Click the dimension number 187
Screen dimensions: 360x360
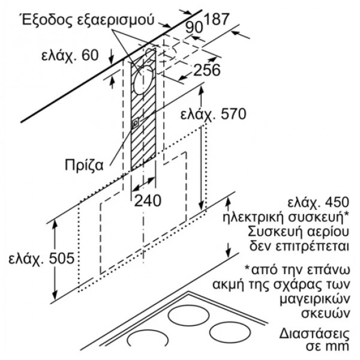(216, 19)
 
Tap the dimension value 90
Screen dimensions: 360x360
(194, 27)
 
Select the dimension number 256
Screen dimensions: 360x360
(207, 70)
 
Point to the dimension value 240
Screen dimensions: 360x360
(148, 201)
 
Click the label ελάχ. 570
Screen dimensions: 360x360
(213, 114)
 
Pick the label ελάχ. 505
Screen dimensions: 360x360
(41, 258)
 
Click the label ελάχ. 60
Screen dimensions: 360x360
(70, 55)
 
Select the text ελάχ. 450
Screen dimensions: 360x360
(318, 203)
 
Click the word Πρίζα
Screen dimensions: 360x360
(84, 165)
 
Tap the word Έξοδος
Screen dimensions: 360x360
(47, 20)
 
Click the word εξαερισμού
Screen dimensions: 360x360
(115, 21)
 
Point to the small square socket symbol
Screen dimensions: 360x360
(136, 123)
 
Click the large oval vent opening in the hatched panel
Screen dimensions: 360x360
(143, 80)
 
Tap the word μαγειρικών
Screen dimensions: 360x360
(315, 299)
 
